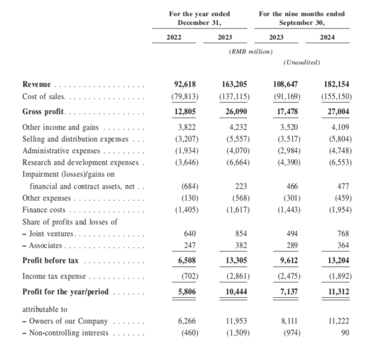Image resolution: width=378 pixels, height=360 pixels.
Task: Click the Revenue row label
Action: point(37,85)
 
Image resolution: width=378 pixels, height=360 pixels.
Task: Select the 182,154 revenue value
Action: point(337,85)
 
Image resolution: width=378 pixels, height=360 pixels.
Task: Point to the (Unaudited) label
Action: point(303,63)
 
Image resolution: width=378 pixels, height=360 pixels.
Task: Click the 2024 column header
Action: point(336,37)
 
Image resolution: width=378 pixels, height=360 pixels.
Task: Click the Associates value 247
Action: point(186,245)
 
